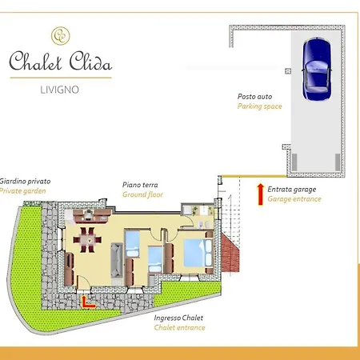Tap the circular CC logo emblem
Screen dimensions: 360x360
tap(60, 35)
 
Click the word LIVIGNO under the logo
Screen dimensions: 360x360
tap(60, 89)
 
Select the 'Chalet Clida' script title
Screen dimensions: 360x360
tap(60, 61)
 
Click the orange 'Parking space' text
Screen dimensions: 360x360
tap(259, 106)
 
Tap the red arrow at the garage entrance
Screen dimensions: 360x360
tap(259, 194)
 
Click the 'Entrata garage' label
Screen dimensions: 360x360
tap(292, 189)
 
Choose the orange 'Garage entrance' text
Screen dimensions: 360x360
tap(294, 198)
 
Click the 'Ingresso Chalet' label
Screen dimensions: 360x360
tap(179, 318)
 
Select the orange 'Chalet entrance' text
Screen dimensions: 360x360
tap(179, 327)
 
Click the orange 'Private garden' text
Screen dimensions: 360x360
tap(23, 191)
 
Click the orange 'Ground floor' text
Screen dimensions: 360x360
tap(142, 194)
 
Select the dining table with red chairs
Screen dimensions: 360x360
tap(87, 238)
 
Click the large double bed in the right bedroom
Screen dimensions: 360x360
tap(196, 253)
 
